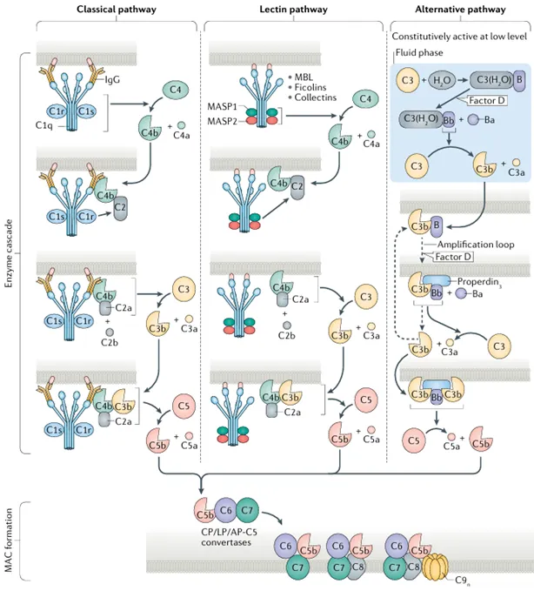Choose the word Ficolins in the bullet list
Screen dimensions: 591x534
(310, 84)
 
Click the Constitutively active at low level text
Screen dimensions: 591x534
(458, 37)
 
